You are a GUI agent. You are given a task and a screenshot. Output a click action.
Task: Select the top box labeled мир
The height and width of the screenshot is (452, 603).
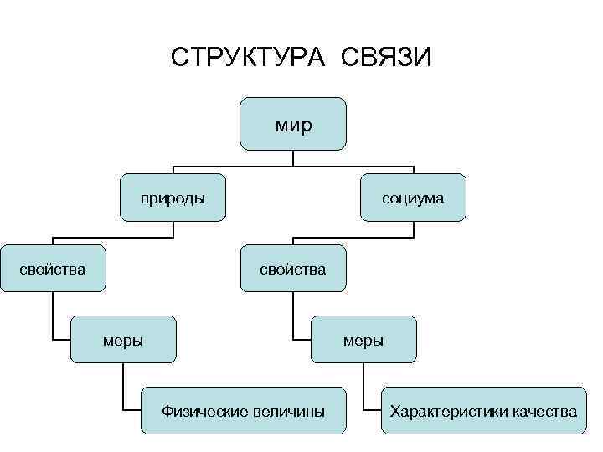293,123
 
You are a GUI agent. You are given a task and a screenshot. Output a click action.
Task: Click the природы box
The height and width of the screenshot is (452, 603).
173,198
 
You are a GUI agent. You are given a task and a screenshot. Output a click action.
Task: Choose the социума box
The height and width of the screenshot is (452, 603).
413,198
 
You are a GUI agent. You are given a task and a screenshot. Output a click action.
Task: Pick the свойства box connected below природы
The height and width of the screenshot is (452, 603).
53,269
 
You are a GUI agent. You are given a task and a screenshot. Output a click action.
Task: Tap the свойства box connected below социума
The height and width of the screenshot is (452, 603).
293,269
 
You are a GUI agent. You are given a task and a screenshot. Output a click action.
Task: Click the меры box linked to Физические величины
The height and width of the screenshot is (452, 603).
123,339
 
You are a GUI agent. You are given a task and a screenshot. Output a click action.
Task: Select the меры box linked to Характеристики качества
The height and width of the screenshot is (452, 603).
363,339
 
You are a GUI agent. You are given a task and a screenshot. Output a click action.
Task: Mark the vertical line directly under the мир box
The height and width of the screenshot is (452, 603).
293,157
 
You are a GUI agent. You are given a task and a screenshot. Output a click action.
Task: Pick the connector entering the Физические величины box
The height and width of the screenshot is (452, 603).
124,393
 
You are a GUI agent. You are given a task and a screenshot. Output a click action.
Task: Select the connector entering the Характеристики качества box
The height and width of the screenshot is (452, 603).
364,393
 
